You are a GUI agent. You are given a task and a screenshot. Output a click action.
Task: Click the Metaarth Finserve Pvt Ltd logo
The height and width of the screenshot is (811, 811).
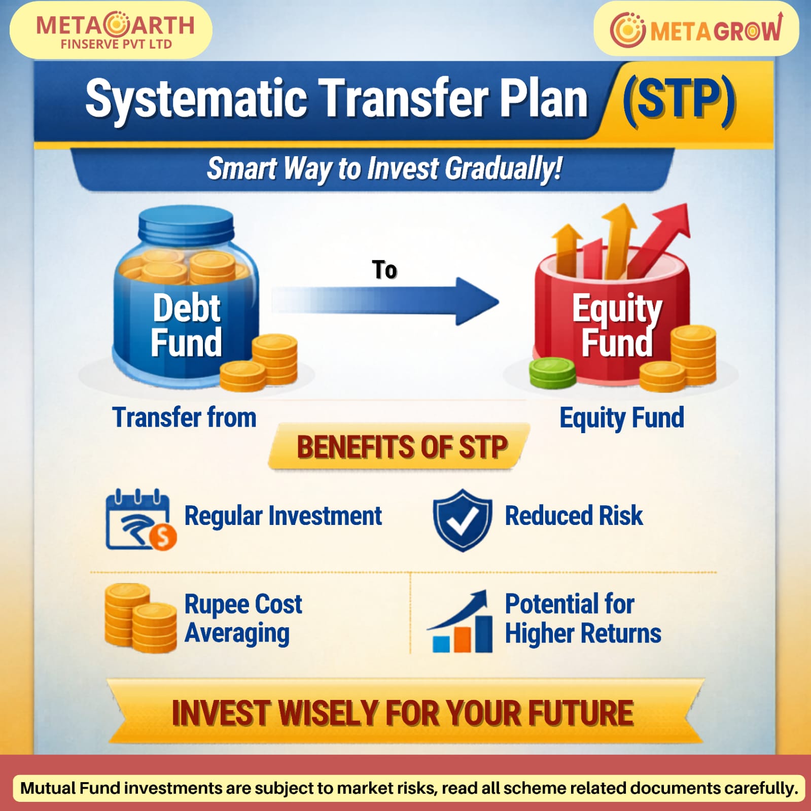pos(115,30)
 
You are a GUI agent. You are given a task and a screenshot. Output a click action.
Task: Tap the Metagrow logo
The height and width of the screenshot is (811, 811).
pos(696,29)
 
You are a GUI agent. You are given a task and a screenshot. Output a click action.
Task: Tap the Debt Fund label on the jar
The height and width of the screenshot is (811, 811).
pos(187,325)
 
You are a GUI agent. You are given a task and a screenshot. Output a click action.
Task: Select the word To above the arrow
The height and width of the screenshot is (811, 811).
pos(384,270)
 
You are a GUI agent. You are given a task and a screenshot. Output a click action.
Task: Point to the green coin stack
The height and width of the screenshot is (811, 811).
pos(552,373)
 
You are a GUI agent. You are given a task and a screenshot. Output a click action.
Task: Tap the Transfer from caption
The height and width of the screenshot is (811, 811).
pos(184,417)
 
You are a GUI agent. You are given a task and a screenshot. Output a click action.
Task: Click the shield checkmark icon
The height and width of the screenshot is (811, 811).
pos(462,520)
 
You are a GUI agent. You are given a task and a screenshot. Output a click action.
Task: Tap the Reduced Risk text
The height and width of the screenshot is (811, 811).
pos(574,516)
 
